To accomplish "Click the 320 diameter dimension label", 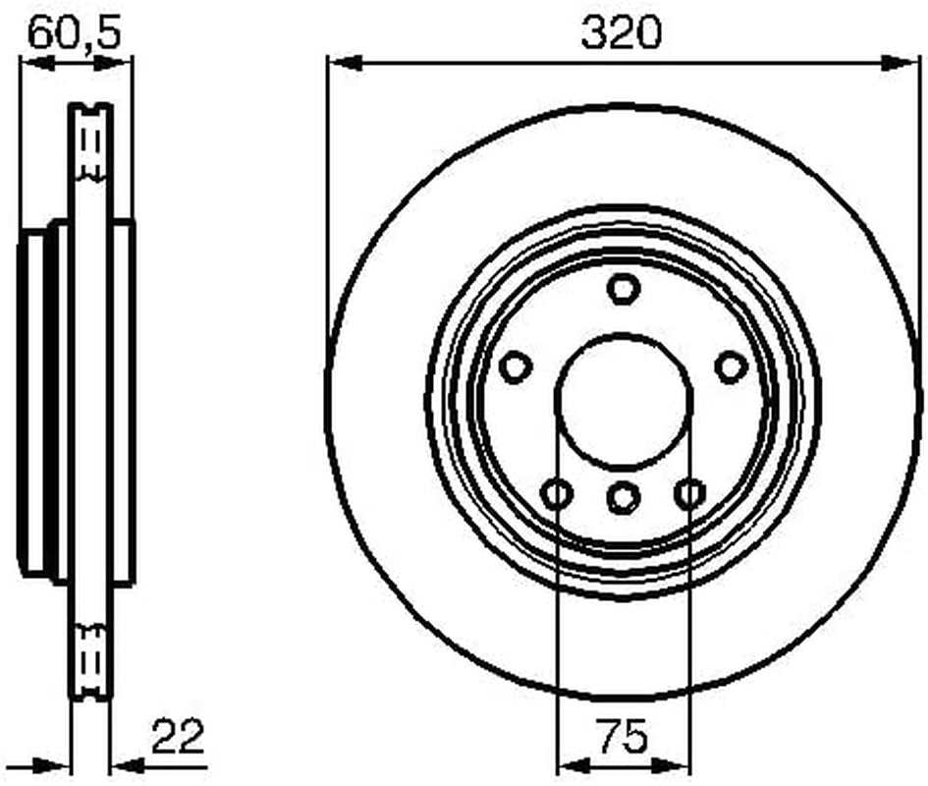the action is pyautogui.click(x=621, y=32).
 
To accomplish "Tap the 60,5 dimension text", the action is pyautogui.click(x=75, y=32).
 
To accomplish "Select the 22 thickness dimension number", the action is pyautogui.click(x=178, y=736).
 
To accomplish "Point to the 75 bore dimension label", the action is pyautogui.click(x=622, y=735).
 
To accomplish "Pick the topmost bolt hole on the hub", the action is pyautogui.click(x=624, y=289).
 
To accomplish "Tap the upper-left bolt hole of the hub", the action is pyautogui.click(x=515, y=366).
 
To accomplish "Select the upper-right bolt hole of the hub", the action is pyautogui.click(x=732, y=366).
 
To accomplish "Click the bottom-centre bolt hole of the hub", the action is pyautogui.click(x=624, y=496).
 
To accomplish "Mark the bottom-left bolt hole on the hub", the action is pyautogui.click(x=557, y=493).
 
